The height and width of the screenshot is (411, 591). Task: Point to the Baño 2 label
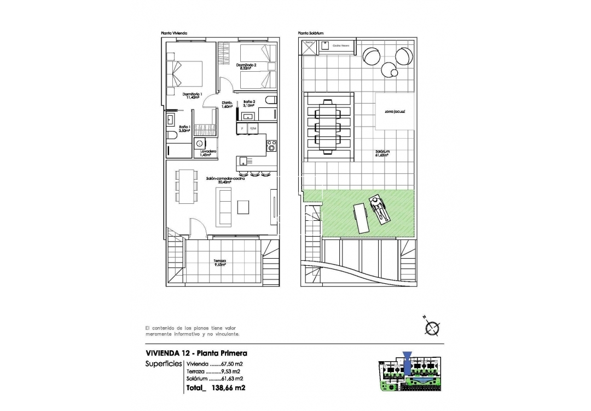[x=249, y=102]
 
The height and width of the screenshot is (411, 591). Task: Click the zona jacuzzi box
[x=394, y=111]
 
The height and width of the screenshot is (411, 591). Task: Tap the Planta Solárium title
[x=311, y=33]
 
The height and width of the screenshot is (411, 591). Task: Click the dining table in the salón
[x=187, y=186]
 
